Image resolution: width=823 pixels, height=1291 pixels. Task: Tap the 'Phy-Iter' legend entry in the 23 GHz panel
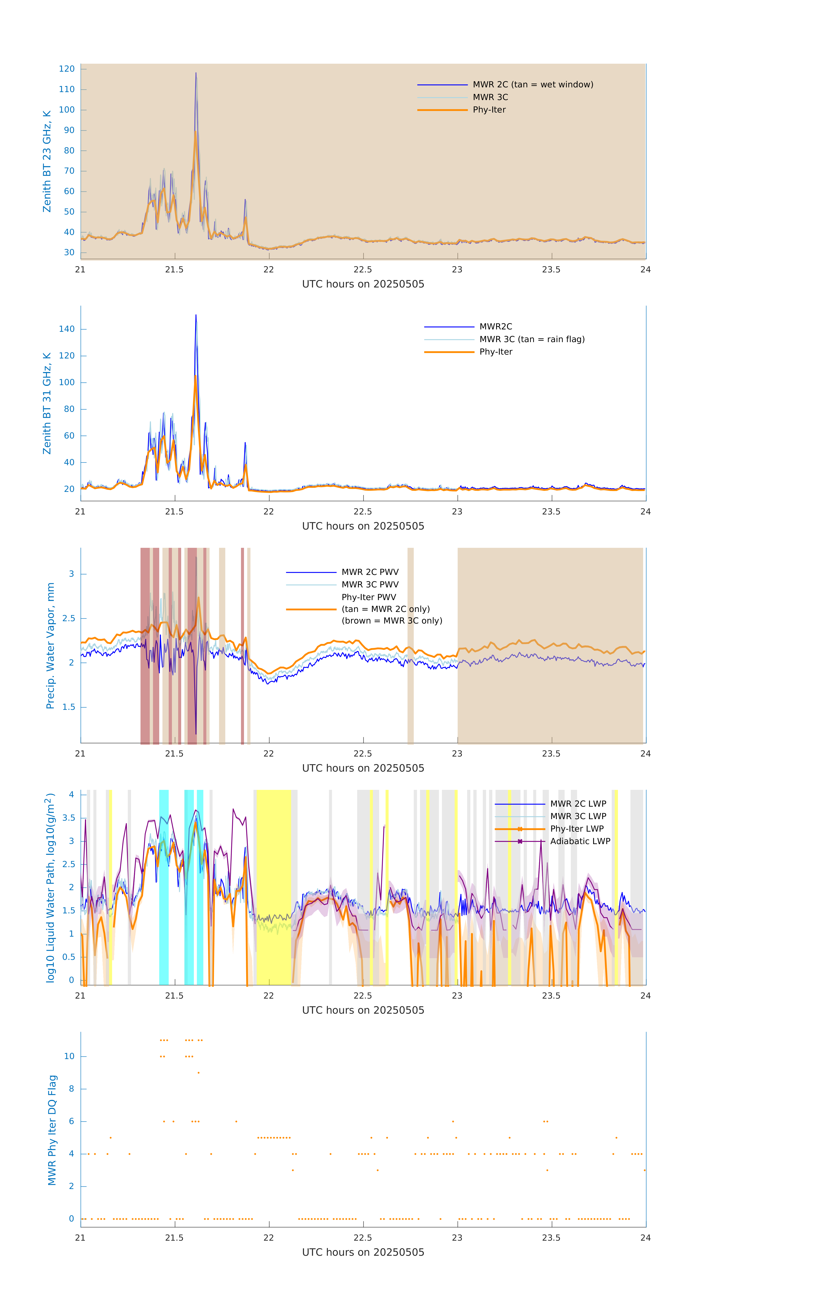pyautogui.click(x=489, y=110)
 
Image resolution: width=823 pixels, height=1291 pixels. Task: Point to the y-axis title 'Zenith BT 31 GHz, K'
pyautogui.click(x=47, y=403)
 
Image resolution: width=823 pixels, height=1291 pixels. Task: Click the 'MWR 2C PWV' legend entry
pyautogui.click(x=370, y=572)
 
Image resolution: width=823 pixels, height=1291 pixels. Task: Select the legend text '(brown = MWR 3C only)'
pyautogui.click(x=392, y=621)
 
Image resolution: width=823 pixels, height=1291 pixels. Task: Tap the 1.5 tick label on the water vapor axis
pyautogui.click(x=69, y=707)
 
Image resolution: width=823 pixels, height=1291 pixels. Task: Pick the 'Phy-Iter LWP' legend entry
pyautogui.click(x=577, y=829)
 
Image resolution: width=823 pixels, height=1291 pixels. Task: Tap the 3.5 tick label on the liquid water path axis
pyautogui.click(x=69, y=818)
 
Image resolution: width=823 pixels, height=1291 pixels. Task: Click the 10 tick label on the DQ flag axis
pyautogui.click(x=69, y=1056)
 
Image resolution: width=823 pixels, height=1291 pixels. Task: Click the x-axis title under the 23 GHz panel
pyautogui.click(x=363, y=284)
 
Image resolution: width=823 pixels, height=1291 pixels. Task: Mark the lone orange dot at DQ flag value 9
pyautogui.click(x=198, y=1072)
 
